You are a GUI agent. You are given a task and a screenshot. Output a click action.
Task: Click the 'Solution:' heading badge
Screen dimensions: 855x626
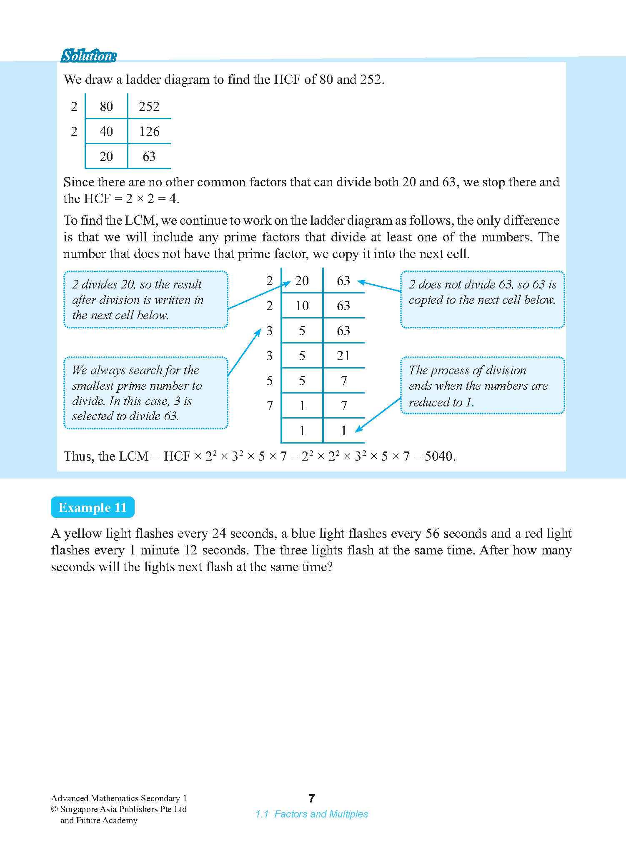(x=88, y=56)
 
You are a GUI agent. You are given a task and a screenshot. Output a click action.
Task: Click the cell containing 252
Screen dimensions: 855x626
(x=149, y=107)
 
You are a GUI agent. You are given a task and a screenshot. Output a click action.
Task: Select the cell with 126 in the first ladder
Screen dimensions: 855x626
(x=149, y=132)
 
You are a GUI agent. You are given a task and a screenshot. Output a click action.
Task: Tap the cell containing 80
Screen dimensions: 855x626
(x=106, y=107)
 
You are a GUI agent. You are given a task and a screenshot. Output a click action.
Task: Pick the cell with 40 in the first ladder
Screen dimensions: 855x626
(x=106, y=132)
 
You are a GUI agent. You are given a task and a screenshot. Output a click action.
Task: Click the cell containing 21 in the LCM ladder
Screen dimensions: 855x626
(x=343, y=356)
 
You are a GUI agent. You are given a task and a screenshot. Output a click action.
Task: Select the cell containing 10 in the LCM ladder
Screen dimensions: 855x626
(x=302, y=306)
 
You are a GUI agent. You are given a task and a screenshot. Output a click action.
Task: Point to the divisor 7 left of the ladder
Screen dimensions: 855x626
(x=270, y=405)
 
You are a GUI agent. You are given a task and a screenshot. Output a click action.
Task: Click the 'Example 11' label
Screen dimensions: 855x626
(x=93, y=507)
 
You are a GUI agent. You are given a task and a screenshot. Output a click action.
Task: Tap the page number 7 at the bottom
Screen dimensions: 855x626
(x=311, y=798)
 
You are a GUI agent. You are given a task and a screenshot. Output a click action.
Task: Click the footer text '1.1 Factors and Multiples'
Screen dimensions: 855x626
(x=311, y=814)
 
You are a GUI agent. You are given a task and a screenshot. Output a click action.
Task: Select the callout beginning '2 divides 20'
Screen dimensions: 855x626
(x=145, y=299)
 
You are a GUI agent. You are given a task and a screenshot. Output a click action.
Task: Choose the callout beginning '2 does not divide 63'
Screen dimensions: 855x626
(x=482, y=299)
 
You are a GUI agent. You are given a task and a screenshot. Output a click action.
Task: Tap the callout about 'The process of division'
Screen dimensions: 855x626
(x=482, y=386)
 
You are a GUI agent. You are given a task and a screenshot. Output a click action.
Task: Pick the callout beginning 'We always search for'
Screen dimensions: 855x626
(x=145, y=393)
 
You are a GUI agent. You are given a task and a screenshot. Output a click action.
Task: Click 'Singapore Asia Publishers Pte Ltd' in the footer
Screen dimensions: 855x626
(x=123, y=809)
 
